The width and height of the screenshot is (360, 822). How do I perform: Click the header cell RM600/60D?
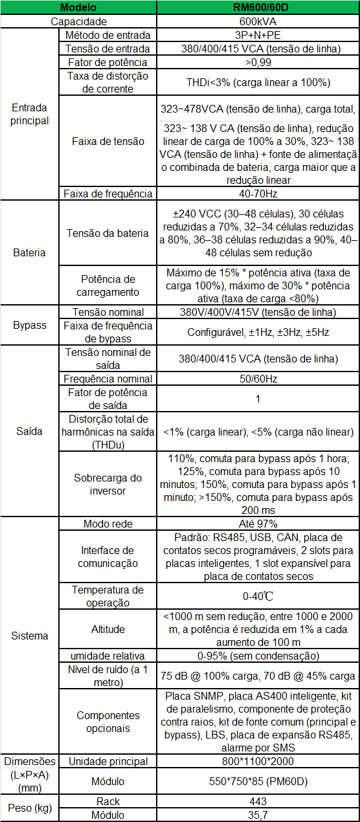[x=258, y=7]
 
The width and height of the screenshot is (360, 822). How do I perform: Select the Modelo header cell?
[x=78, y=7]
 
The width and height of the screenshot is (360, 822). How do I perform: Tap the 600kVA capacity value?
[x=258, y=21]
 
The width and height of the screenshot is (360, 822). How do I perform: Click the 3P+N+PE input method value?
[x=258, y=35]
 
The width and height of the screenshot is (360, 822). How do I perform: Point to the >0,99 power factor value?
[x=258, y=62]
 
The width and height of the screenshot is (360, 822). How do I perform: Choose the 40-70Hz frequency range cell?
[x=258, y=194]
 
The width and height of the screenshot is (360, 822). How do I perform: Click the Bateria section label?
[x=30, y=252]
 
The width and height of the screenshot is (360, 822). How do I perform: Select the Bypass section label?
[x=30, y=326]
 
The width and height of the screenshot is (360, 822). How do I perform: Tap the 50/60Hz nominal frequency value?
[x=258, y=379]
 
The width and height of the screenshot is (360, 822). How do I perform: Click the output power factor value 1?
[x=258, y=399]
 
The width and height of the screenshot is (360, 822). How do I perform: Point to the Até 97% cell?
[x=258, y=524]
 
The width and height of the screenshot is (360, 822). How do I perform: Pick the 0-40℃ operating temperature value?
[x=258, y=596]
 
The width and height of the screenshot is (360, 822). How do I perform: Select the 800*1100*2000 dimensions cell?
[x=258, y=761]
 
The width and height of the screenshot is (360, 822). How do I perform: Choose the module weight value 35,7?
[x=258, y=815]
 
